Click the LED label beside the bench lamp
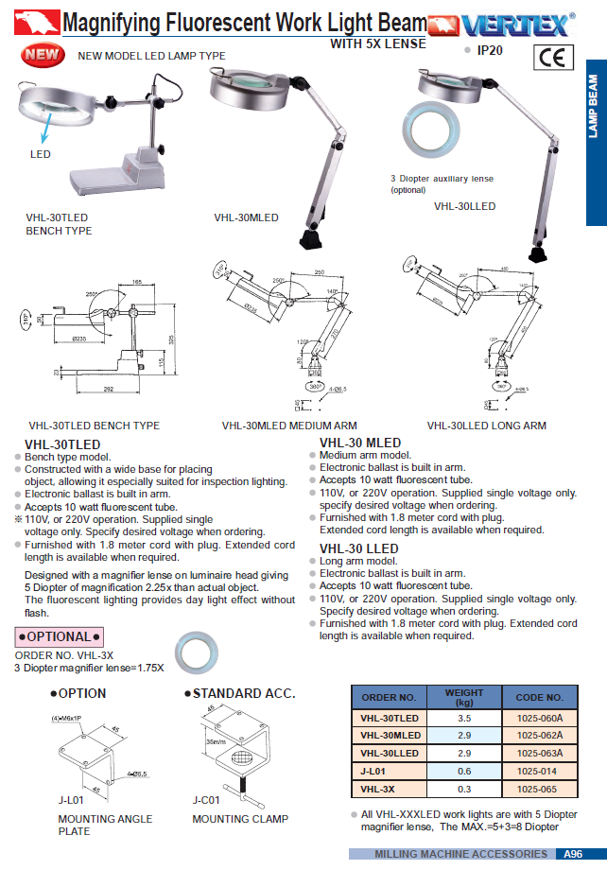(x=40, y=154)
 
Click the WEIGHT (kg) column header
(x=463, y=697)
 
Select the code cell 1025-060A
(x=539, y=719)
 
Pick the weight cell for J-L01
(x=463, y=771)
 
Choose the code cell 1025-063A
(x=539, y=753)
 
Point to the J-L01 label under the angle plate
(x=68, y=800)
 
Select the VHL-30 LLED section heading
(x=359, y=548)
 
